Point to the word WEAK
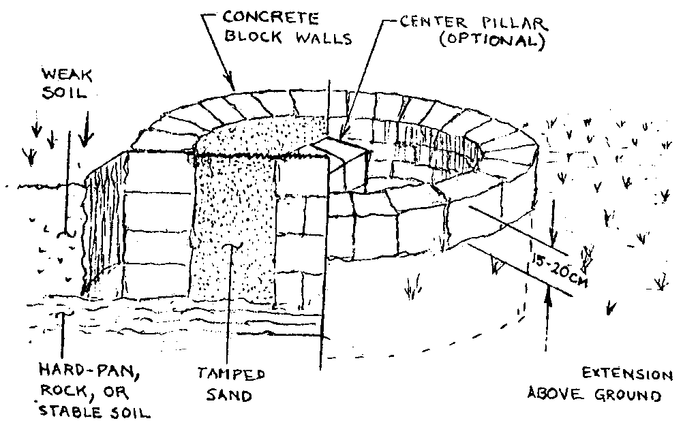tap(62, 73)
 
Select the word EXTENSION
tap(626, 375)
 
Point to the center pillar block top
tap(339, 148)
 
